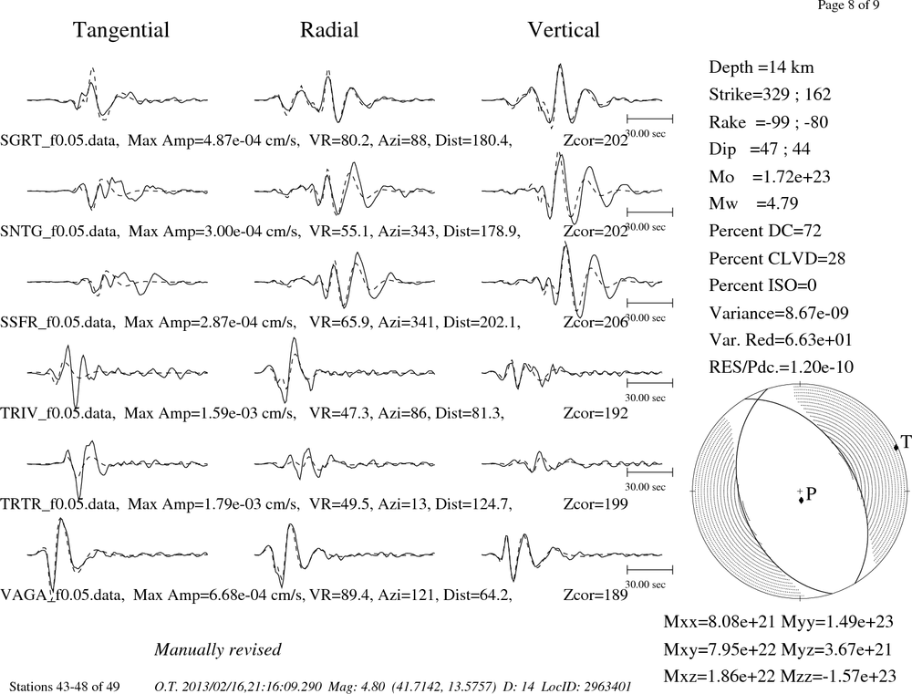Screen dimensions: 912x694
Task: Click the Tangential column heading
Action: point(121,30)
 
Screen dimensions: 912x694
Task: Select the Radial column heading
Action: point(329,30)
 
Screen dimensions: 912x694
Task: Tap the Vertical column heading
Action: point(564,30)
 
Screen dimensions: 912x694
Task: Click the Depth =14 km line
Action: point(762,67)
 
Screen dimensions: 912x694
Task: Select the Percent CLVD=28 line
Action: point(777,258)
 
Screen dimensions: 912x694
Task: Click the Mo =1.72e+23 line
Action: point(770,176)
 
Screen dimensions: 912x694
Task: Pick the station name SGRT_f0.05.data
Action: point(60,140)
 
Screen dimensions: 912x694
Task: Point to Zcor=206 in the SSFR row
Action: point(596,322)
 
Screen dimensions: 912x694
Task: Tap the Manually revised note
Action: point(218,650)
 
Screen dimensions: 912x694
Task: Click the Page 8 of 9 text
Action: point(848,5)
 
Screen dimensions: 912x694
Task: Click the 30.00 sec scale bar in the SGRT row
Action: point(649,119)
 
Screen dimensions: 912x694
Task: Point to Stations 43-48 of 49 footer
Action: point(65,687)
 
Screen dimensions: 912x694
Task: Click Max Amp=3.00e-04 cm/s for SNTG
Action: point(214,231)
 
